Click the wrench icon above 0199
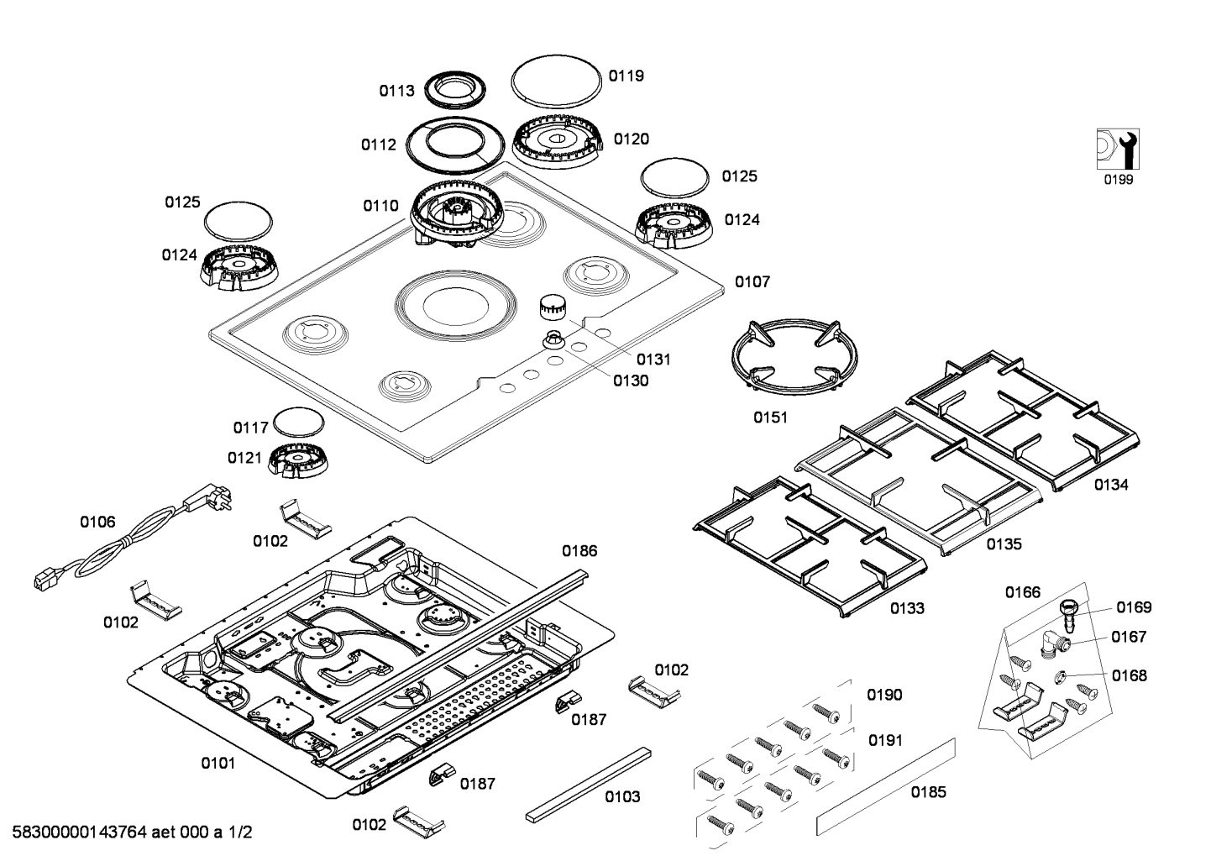click(1117, 150)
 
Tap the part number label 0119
click(626, 76)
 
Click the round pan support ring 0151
click(788, 356)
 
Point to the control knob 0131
click(551, 307)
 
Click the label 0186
click(579, 551)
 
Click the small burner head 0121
click(299, 460)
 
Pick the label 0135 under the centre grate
click(1004, 544)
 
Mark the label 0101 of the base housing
click(218, 764)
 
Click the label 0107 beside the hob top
click(752, 282)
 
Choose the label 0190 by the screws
click(884, 695)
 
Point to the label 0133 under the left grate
click(907, 608)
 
